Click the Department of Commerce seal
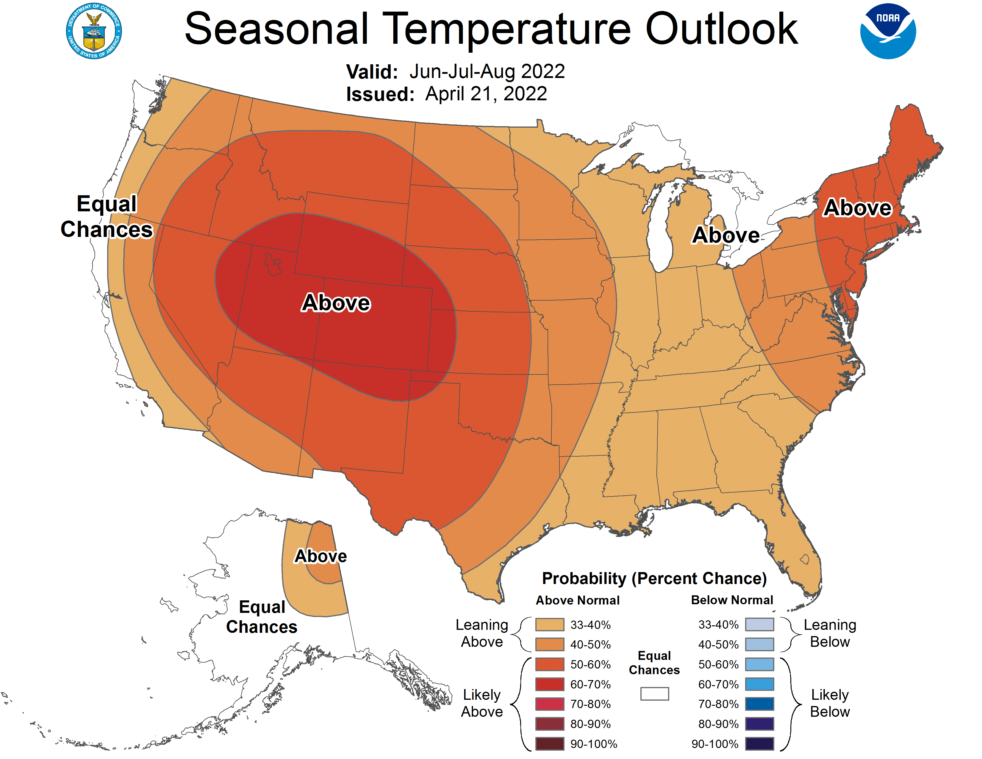click(93, 31)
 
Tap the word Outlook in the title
click(721, 29)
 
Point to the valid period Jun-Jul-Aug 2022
click(487, 71)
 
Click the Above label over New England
click(857, 208)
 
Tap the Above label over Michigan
click(726, 235)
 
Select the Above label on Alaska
click(320, 556)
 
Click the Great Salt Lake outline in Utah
click(273, 264)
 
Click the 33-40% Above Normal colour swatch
click(549, 624)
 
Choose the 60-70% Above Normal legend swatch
click(549, 684)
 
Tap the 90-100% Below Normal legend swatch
click(759, 744)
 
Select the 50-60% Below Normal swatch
click(759, 664)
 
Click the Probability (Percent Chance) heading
click(654, 578)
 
